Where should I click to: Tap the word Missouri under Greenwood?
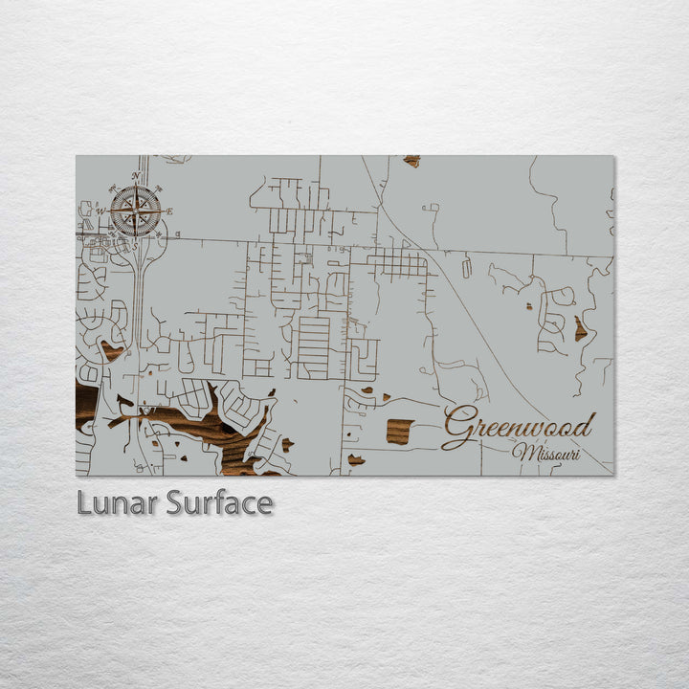[546, 453]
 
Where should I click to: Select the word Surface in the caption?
[219, 502]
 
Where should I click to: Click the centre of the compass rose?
[135, 211]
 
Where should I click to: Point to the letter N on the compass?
[135, 175]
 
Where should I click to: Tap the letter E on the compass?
[169, 211]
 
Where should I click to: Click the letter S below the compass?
[135, 246]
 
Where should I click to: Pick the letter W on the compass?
[100, 211]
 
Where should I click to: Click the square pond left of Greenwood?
[400, 432]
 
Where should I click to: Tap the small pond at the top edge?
[411, 161]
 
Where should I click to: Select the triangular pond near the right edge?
[580, 330]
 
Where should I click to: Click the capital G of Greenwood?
[460, 428]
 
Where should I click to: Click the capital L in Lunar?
[84, 502]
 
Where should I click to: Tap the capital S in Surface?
[175, 502]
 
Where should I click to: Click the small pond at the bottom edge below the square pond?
[356, 460]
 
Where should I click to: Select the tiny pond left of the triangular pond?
[528, 307]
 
